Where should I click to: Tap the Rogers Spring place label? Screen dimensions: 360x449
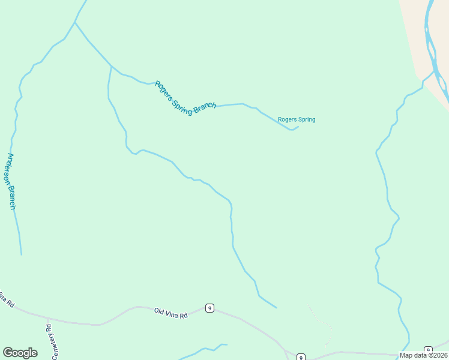click(297, 119)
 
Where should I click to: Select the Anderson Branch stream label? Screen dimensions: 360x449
click(10, 181)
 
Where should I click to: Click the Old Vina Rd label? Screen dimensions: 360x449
click(171, 313)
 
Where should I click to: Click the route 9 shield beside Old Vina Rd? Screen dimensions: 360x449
click(209, 308)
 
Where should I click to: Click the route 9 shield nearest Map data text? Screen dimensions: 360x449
click(428, 350)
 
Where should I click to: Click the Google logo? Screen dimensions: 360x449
click(20, 353)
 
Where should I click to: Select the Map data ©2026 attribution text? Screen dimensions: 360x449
click(423, 355)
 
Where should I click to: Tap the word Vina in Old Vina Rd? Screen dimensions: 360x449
click(172, 313)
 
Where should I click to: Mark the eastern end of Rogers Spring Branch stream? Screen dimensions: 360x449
click(298, 126)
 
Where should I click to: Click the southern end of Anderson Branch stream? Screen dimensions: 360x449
click(21, 254)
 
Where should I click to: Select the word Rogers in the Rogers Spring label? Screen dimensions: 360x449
click(288, 119)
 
